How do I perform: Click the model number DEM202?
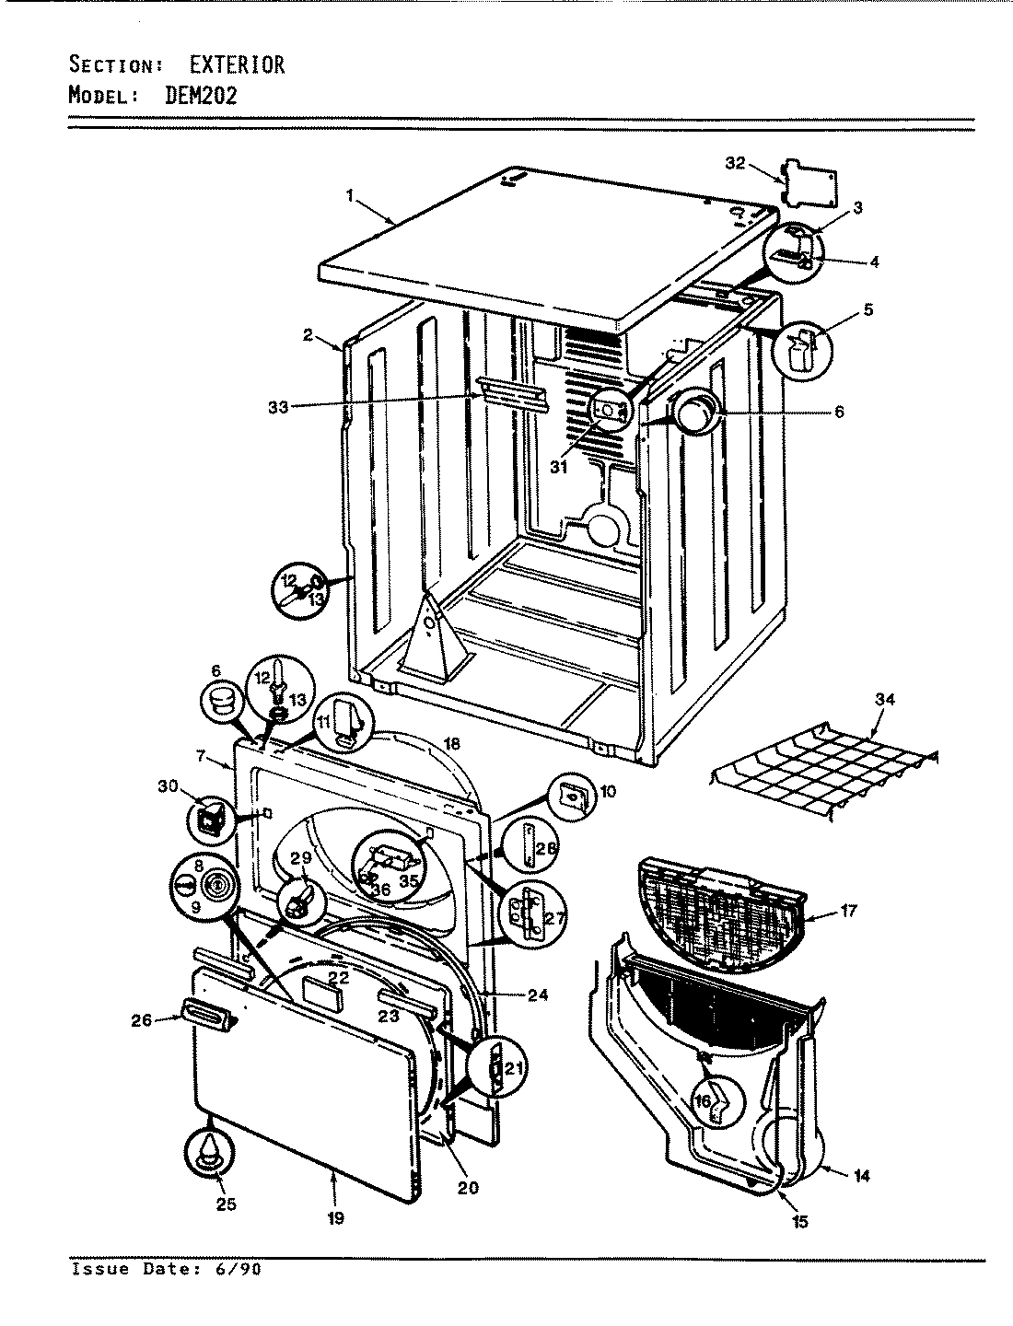(201, 96)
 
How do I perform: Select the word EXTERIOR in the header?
(237, 64)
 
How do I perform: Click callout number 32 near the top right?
(734, 163)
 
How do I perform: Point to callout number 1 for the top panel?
(350, 194)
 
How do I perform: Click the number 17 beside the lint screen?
(847, 912)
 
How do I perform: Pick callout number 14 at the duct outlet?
(861, 1175)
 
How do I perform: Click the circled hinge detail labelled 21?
(495, 1068)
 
